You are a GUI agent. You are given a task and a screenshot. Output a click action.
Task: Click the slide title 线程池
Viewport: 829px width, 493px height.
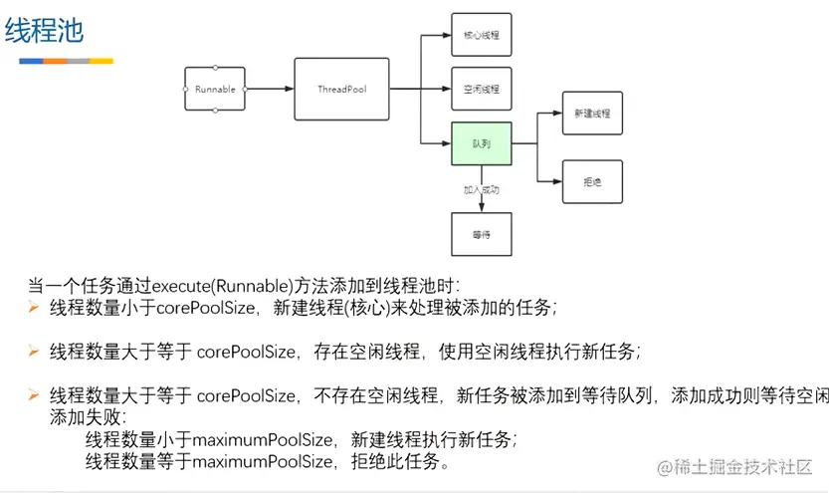45,31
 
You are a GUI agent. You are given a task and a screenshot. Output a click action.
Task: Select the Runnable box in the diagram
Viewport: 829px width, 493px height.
215,90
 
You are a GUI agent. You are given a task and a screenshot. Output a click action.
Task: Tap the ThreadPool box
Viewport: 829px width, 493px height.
341,90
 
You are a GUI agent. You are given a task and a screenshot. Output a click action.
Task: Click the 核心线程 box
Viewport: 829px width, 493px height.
481,34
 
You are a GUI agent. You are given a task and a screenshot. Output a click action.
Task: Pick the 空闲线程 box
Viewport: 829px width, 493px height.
481,89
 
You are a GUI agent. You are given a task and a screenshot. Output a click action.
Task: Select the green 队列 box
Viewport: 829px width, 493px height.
481,143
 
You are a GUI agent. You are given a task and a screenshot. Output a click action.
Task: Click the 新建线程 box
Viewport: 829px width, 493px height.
592,114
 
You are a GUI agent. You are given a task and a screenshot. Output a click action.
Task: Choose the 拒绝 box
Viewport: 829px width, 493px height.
592,182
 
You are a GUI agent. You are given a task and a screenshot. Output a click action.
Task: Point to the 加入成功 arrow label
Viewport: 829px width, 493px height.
481,188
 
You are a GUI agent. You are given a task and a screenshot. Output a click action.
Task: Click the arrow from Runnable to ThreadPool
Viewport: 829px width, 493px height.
270,90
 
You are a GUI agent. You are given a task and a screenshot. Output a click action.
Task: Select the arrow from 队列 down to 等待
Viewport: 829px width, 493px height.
481,199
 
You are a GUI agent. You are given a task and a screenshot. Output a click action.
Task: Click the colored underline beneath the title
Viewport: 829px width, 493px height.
66,61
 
